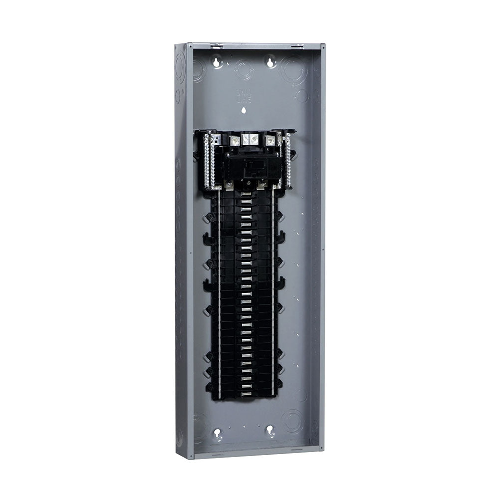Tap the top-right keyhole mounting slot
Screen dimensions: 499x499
(270, 62)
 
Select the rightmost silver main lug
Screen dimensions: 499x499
(269, 141)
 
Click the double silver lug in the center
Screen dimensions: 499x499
(249, 139)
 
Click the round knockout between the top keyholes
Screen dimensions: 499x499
(244, 68)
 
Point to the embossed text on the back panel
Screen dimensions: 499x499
(243, 95)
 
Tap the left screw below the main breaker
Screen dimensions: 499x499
(229, 185)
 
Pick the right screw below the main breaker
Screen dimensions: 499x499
(262, 185)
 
